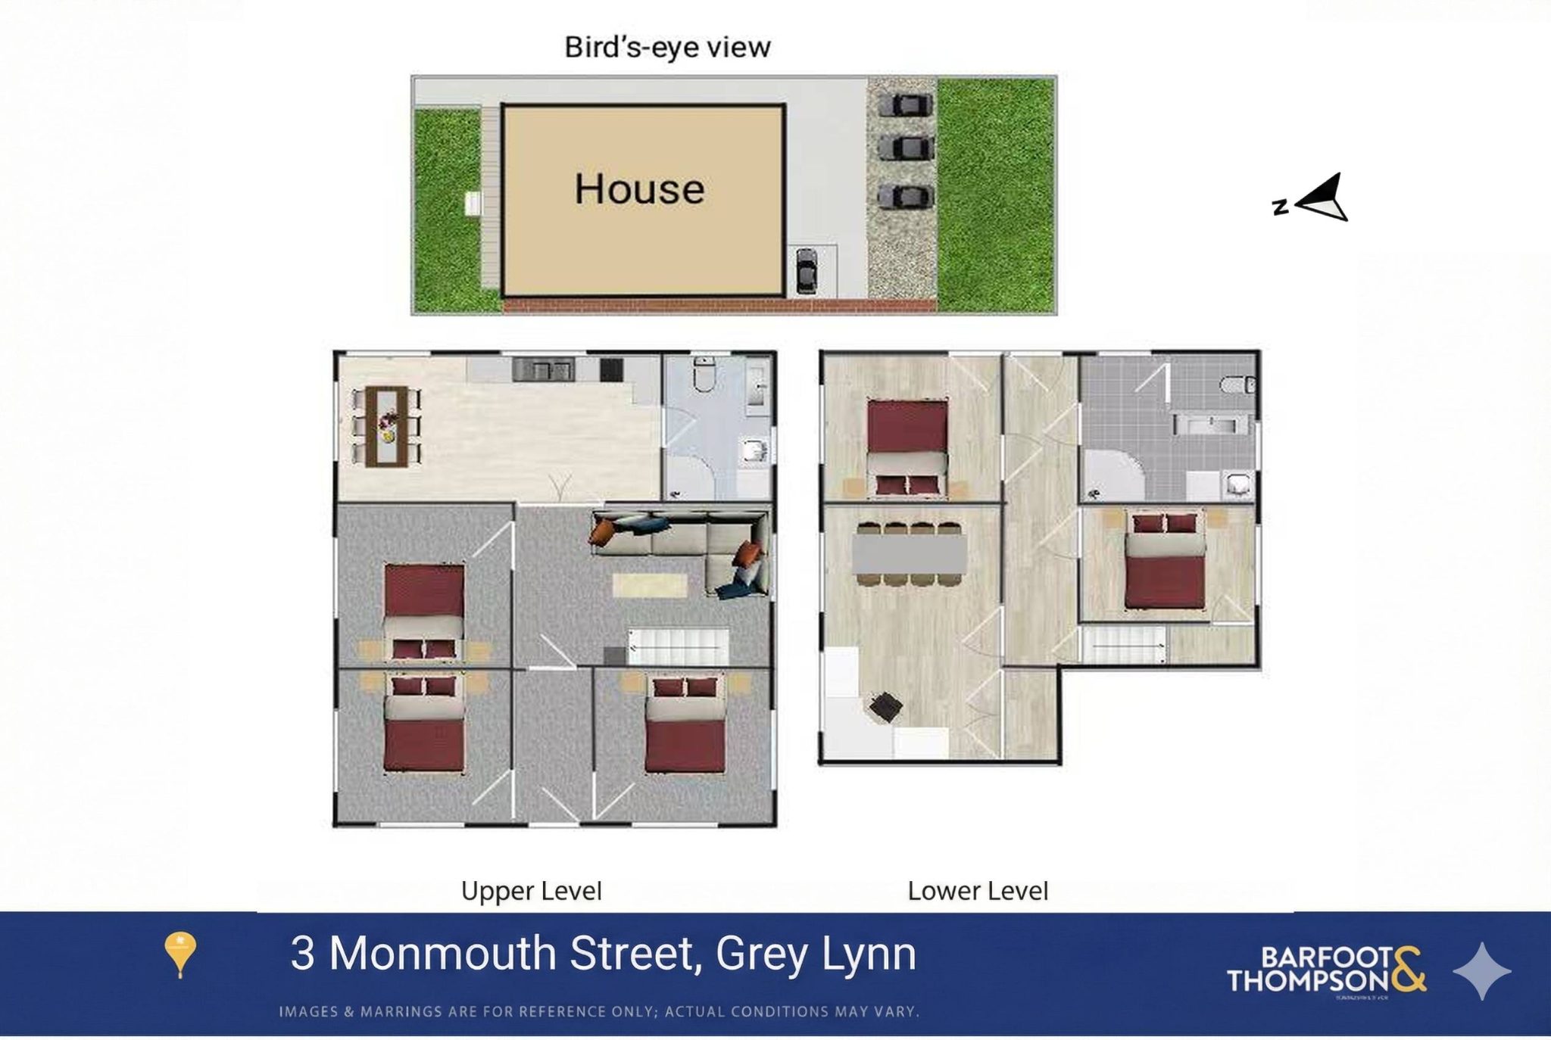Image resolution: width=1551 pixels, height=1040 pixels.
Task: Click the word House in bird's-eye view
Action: click(638, 189)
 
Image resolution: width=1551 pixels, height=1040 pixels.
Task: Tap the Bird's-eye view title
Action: click(667, 48)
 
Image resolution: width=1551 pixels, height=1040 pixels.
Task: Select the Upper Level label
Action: click(531, 891)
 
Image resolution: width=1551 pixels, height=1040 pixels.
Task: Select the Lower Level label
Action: click(977, 891)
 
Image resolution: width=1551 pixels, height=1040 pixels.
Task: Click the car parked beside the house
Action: click(807, 270)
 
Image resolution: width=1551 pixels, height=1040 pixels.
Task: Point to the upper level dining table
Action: click(386, 426)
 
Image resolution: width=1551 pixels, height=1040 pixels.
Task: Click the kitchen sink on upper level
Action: click(543, 370)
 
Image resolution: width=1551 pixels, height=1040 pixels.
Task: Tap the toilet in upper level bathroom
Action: click(704, 374)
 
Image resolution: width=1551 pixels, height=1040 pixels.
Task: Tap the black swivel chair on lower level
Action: click(885, 708)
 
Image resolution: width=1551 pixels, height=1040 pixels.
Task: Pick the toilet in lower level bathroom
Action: click(1237, 385)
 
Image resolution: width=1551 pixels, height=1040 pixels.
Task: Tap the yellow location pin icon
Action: click(179, 954)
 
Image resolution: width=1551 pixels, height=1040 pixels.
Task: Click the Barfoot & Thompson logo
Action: click(1326, 970)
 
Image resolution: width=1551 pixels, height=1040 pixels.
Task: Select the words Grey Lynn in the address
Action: click(816, 954)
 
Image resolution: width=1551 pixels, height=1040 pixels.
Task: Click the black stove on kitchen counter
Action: click(611, 370)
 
